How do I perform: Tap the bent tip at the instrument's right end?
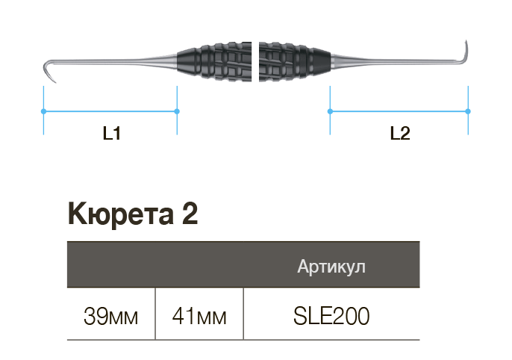[466, 49]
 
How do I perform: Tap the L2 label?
[400, 134]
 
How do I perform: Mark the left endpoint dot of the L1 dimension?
[43, 111]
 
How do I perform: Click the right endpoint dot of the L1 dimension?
[177, 111]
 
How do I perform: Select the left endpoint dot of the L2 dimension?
[330, 111]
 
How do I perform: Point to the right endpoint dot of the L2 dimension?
[468, 111]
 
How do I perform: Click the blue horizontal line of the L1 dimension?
[110, 111]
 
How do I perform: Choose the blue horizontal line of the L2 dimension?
[399, 111]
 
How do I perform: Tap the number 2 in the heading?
[190, 214]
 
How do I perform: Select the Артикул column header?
[331, 267]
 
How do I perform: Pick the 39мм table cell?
[110, 316]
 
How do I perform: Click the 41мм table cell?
[199, 316]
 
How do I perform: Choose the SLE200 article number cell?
[331, 316]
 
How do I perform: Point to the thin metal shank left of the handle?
[112, 60]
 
